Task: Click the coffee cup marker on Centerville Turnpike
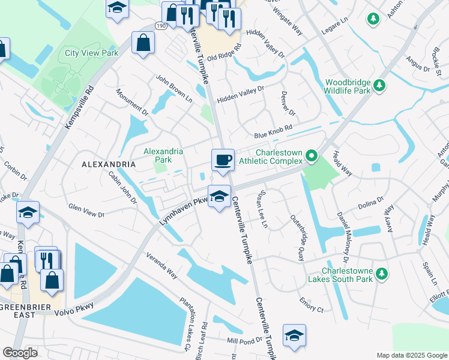coord(223,160)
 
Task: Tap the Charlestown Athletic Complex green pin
coord(311,156)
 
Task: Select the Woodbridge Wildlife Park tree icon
coord(379,86)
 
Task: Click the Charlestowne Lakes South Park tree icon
coord(381,274)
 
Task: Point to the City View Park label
coord(91,53)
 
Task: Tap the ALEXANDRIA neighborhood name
coord(109,164)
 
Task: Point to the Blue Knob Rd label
coord(273,129)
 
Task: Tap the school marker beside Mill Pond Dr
coord(294,335)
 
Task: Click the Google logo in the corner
coord(20,353)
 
